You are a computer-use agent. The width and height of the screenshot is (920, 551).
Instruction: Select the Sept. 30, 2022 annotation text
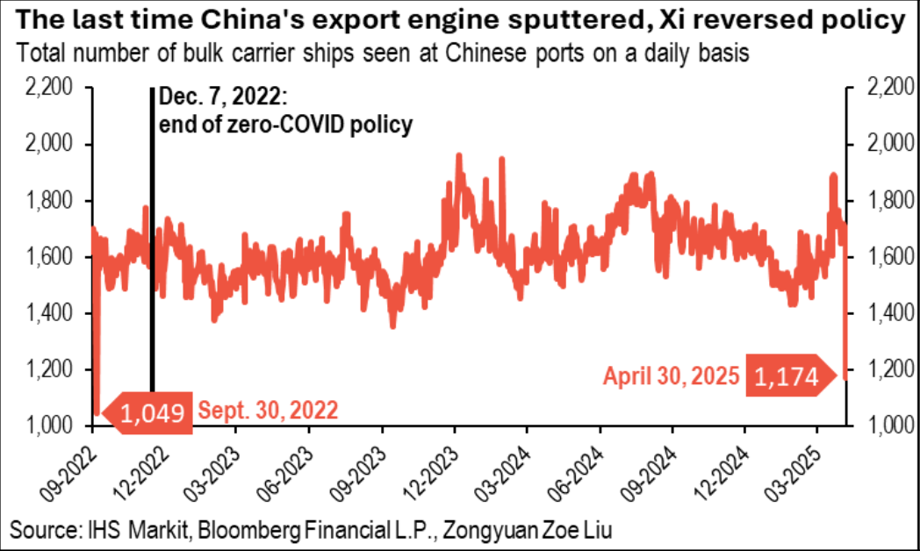tap(268, 410)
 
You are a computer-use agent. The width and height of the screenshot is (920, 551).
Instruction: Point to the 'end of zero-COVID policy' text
tap(285, 125)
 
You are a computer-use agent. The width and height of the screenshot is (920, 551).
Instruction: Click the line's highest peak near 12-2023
tap(458, 156)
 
